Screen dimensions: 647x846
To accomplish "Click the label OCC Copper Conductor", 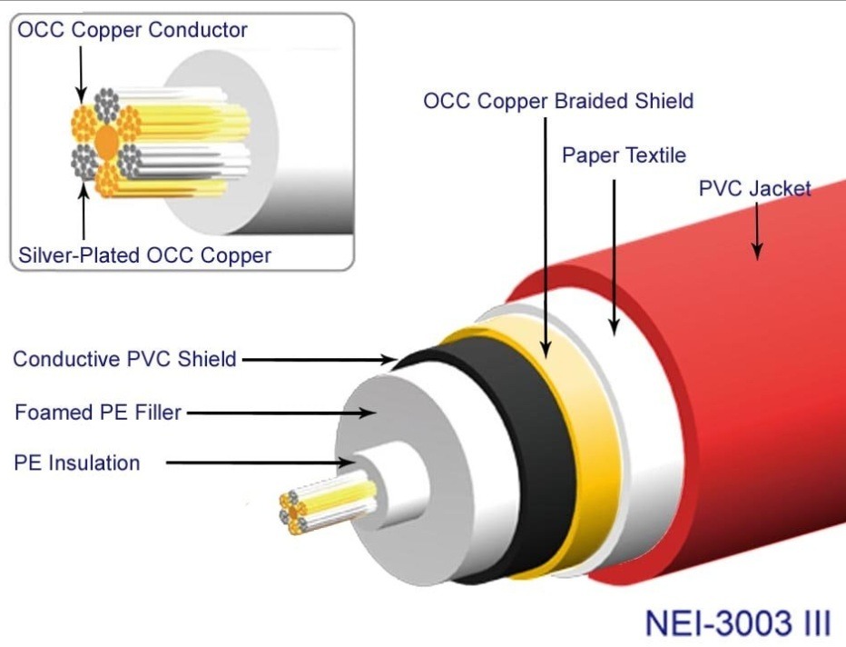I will click(x=133, y=30).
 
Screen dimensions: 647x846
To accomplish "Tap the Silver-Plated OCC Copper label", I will click(x=145, y=255).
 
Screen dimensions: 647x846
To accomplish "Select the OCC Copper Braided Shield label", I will click(x=558, y=100).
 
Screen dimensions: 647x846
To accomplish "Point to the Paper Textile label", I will click(x=624, y=154).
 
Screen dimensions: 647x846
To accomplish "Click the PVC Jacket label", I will click(x=754, y=189).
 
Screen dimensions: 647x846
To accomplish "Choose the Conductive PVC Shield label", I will click(x=124, y=359).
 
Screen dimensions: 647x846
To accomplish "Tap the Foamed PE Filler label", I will click(x=98, y=413).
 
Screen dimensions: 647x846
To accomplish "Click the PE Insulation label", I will click(x=77, y=463).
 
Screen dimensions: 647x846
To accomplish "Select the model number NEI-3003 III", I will click(x=737, y=624).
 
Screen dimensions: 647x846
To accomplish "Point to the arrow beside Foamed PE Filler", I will click(x=281, y=413).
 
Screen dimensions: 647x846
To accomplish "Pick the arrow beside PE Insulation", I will click(x=263, y=463).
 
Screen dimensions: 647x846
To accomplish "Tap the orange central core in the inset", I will click(x=106, y=144).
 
